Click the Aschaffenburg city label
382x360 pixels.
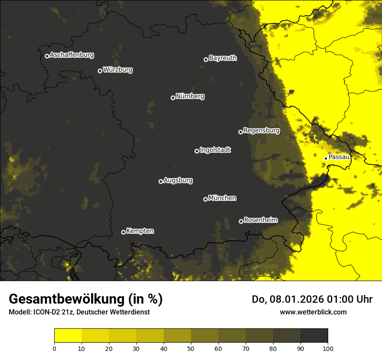pos(72,55)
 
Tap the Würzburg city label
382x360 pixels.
pos(118,70)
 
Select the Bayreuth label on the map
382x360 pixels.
pos(223,58)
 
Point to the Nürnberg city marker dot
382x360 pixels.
pos(173,98)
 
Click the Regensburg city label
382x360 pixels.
pos(261,131)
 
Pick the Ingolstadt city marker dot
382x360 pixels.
pos(197,151)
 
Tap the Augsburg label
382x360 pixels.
pos(178,180)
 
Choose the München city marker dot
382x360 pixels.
pos(205,200)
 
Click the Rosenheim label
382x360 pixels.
pos(260,220)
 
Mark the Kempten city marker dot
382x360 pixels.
pos(123,232)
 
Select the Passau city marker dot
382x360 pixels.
pos(326,158)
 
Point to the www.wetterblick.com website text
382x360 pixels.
pos(313,312)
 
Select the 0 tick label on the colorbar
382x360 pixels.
pos(54,348)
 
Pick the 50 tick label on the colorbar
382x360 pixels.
pos(191,348)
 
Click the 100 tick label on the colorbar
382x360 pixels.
pos(328,348)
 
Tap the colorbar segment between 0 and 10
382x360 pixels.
pos(68,336)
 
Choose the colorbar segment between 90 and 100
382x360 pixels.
pos(314,336)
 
